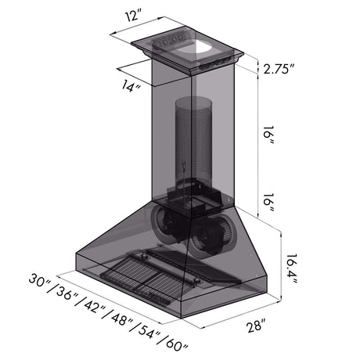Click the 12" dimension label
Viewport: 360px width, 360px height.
135,16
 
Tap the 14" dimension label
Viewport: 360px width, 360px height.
131,86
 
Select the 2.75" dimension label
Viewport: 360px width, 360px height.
279,70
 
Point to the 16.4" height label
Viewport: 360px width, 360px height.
291,269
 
